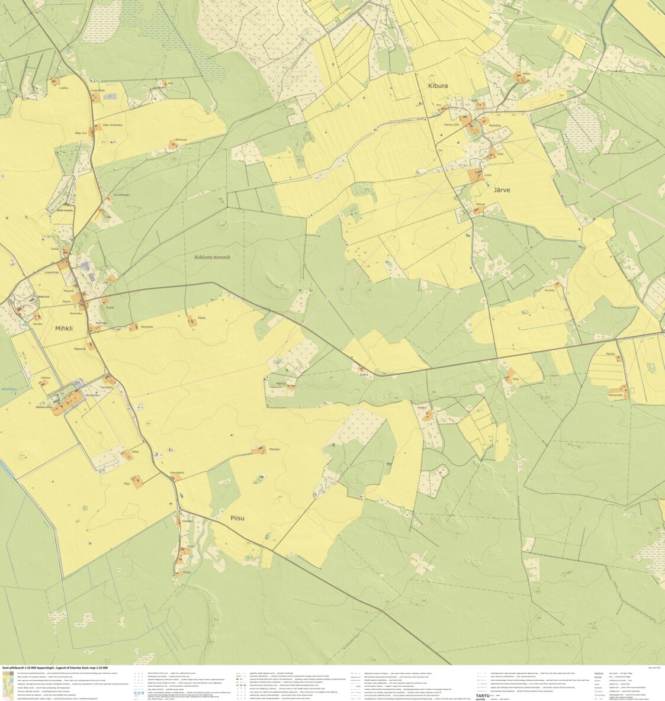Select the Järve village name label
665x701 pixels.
pyautogui.click(x=502, y=190)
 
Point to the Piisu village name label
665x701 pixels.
pyautogui.click(x=237, y=518)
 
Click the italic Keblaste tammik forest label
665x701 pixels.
pyautogui.click(x=212, y=258)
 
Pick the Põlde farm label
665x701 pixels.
pyautogui.click(x=201, y=318)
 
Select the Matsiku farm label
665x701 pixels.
pyautogui.click(x=274, y=449)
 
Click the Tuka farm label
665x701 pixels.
pyautogui.click(x=515, y=378)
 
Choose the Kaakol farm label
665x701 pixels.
pyautogui.click(x=422, y=408)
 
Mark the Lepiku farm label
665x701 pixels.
pyautogui.click(x=64, y=88)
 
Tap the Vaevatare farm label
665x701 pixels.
pyautogui.click(x=177, y=472)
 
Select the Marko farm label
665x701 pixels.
pyautogui.click(x=611, y=354)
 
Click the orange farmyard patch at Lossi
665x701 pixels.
pyautogui.click(x=474, y=175)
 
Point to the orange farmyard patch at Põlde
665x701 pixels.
pyautogui.click(x=191, y=321)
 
